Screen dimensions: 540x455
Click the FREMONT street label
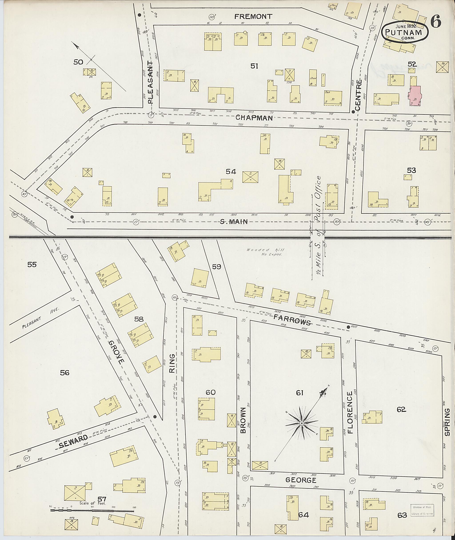(253, 17)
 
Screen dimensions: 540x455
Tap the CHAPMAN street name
(254, 118)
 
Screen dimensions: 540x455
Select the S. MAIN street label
(234, 221)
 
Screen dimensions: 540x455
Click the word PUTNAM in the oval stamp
(404, 32)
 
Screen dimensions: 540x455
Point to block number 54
(231, 171)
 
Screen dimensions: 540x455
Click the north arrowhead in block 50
(75, 45)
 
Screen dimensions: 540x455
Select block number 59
(217, 267)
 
